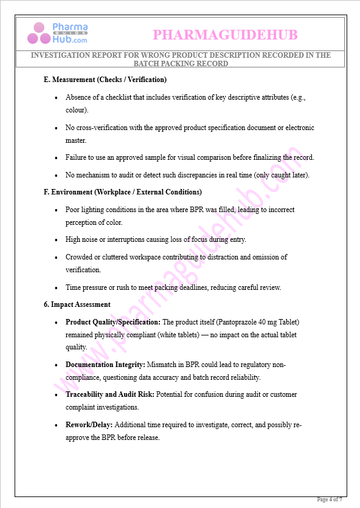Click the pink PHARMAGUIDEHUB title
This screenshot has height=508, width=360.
[225, 35]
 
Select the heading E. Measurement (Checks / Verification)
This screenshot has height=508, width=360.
[105, 80]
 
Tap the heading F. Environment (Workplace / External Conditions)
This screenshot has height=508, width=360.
[122, 192]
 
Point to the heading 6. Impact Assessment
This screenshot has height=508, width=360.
[77, 304]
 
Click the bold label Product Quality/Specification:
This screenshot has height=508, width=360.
[113, 322]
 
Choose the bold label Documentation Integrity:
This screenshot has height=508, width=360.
[105, 365]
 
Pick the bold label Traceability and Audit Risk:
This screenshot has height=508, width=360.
[110, 394]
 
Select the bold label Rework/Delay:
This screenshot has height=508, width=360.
[89, 425]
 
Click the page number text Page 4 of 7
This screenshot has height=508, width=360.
[330, 499]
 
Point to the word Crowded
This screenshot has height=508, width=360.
[79, 257]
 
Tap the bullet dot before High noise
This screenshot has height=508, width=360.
[57, 239]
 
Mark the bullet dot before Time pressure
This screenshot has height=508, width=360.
[57, 287]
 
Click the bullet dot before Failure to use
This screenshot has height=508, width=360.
[57, 157]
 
